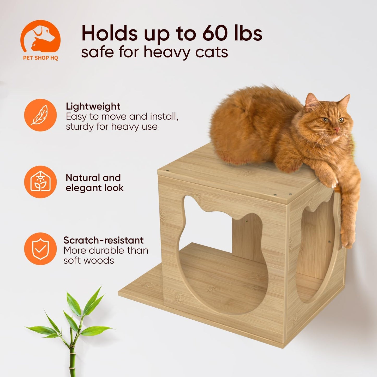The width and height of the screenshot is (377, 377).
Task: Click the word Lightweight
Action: click(x=93, y=106)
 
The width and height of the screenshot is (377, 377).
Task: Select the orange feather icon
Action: click(x=40, y=115)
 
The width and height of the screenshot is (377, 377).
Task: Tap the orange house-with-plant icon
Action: click(x=40, y=182)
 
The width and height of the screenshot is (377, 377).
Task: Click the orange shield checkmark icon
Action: click(x=40, y=249)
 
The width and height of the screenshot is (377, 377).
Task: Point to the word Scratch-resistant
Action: click(x=103, y=240)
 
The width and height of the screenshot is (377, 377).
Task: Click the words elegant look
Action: click(x=94, y=188)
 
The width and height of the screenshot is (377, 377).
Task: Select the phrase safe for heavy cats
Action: click(x=154, y=52)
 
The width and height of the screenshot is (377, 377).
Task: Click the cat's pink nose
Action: click(x=337, y=129)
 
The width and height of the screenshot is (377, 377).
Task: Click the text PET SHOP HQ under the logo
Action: click(x=40, y=58)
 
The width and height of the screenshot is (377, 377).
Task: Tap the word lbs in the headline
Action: click(x=248, y=33)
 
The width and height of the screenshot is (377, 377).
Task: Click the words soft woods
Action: click(x=89, y=260)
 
